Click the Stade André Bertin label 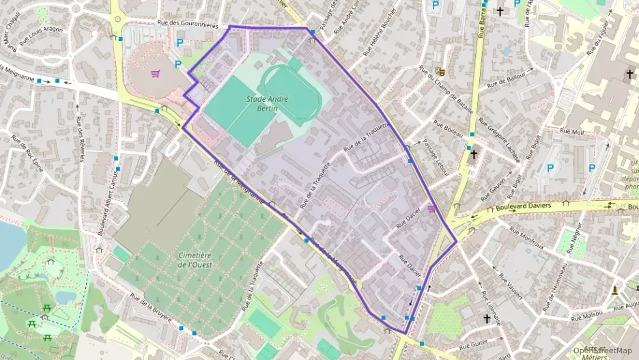point(263,104)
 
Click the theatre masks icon point(440,70)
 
